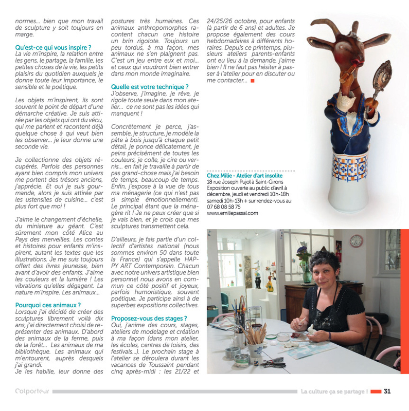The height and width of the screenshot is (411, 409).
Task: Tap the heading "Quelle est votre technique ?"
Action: click(150, 87)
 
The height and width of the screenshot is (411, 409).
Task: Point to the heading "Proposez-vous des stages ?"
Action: click(149, 318)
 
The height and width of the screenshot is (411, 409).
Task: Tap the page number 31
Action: click(387, 391)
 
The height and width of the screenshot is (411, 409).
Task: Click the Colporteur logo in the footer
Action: click(32, 391)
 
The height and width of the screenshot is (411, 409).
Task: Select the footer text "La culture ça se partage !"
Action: click(334, 391)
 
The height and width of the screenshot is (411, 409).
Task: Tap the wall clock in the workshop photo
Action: click(355, 240)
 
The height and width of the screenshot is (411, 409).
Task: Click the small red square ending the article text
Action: click(252, 81)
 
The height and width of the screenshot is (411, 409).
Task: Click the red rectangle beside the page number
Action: click(376, 391)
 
